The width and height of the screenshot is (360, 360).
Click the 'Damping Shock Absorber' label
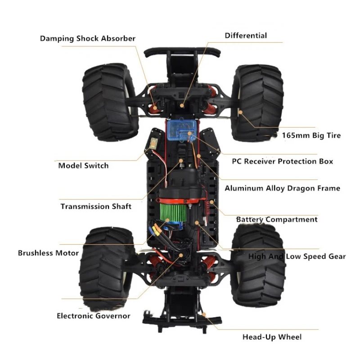88,39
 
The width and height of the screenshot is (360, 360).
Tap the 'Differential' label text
246,36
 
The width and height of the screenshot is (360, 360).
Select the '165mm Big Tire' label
311,135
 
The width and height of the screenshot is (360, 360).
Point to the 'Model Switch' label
83,166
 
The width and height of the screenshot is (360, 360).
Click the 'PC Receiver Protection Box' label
283,161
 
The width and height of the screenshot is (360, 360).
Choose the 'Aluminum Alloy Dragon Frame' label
283,188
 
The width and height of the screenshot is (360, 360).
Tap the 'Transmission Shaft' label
96,206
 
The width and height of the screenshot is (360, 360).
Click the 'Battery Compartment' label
277,220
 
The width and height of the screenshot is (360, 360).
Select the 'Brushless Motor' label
48,253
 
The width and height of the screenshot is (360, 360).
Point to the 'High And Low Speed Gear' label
297,256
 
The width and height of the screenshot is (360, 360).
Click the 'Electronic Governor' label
94,316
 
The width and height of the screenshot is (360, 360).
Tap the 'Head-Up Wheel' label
272,337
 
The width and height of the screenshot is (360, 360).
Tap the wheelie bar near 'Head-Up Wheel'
182,319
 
